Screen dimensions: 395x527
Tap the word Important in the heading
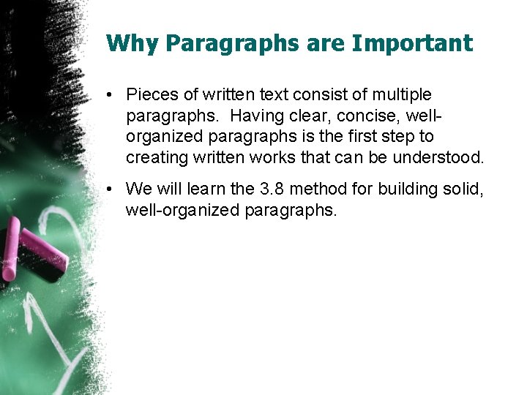[413, 43]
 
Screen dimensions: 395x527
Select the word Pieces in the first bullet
[152, 94]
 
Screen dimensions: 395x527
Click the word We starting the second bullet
[138, 189]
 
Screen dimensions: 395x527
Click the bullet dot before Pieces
[108, 95]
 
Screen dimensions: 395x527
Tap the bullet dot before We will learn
[108, 189]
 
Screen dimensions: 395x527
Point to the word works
[302, 157]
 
